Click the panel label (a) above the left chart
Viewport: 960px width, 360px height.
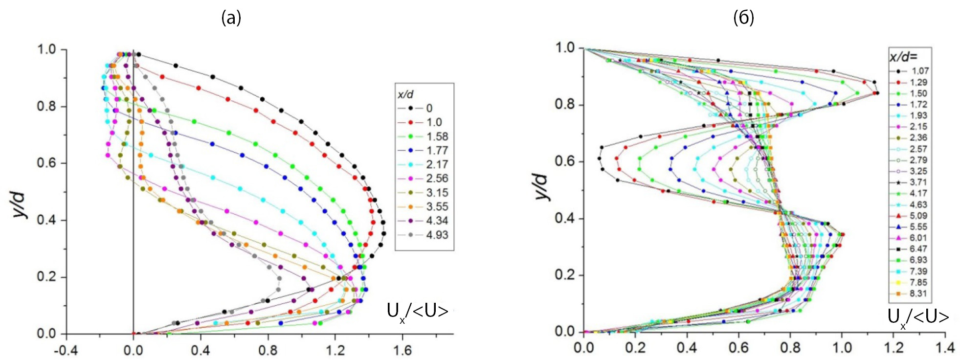point(231,18)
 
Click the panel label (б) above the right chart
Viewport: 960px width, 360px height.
point(743,18)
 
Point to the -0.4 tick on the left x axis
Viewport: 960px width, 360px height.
point(66,350)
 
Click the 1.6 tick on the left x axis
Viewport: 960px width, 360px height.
point(402,350)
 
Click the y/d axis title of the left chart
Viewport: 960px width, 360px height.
point(20,205)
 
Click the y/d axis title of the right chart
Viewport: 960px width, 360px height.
point(543,186)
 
